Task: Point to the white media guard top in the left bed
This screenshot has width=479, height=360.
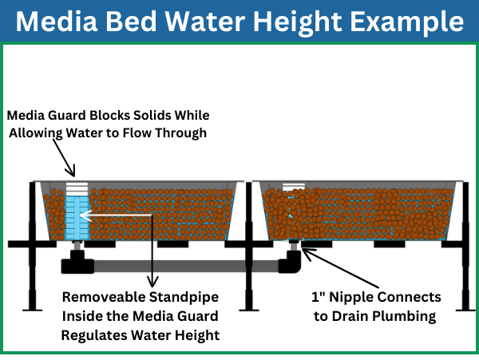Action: click(x=77, y=188)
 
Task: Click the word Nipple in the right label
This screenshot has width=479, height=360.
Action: click(x=352, y=298)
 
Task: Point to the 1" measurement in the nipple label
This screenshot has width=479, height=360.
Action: click(x=320, y=298)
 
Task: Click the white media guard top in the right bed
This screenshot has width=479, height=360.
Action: click(x=294, y=187)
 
